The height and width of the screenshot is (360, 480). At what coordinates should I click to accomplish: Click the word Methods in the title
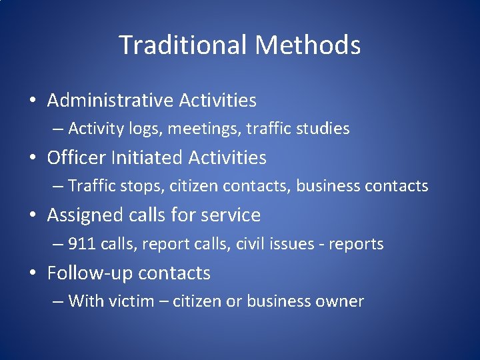(x=307, y=45)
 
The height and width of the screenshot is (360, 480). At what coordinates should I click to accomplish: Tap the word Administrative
(x=110, y=101)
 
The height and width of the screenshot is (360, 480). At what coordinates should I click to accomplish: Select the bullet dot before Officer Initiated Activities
(x=33, y=159)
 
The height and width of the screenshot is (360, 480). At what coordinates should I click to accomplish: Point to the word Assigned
(x=85, y=215)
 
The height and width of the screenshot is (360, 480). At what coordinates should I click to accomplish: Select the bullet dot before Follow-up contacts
(x=33, y=274)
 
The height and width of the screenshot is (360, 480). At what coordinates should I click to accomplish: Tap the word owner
(x=342, y=301)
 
